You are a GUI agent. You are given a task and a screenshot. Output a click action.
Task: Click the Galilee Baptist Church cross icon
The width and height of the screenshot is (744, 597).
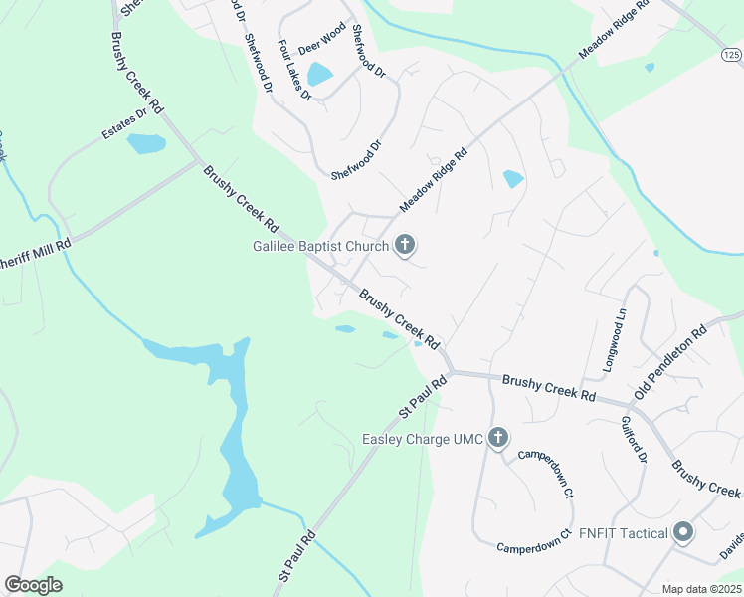(x=405, y=244)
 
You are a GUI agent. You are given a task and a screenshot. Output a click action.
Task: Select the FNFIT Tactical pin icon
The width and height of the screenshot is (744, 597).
(x=682, y=533)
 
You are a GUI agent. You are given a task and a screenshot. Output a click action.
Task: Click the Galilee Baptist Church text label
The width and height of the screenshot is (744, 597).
(x=325, y=245)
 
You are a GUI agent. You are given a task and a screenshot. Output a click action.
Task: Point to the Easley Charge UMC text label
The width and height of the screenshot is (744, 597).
(x=423, y=439)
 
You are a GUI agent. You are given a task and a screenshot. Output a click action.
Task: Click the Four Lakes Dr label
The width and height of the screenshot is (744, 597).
(x=295, y=71)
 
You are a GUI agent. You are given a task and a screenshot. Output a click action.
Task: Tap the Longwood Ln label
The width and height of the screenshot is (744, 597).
(x=615, y=340)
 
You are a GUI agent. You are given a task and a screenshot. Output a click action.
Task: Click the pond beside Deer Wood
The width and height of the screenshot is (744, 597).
(x=319, y=75)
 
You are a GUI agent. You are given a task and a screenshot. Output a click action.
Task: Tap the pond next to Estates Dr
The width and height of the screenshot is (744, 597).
(x=145, y=144)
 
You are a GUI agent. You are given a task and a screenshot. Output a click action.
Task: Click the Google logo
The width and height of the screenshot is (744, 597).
(x=33, y=585)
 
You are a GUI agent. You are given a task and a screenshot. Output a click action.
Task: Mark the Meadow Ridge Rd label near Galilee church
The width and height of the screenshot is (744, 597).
(x=434, y=180)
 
